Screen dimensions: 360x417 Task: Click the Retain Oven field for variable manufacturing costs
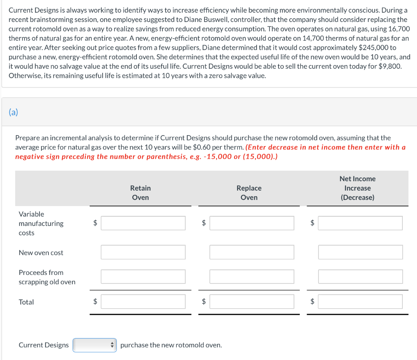(x=143, y=223)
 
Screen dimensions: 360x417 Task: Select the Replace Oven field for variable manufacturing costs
(x=252, y=223)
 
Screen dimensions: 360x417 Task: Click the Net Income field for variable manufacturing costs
(x=360, y=223)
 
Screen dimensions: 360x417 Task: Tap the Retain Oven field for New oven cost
(x=143, y=252)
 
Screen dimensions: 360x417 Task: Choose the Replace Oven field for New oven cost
(x=252, y=252)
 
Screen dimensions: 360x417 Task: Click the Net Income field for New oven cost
(x=360, y=252)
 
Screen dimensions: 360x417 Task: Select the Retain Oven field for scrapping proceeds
(x=143, y=277)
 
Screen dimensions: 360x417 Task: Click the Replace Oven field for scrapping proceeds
(x=252, y=277)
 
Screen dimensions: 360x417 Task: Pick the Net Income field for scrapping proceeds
(x=360, y=277)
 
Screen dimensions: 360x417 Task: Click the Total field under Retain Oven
(x=143, y=302)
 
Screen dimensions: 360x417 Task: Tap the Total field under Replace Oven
(x=252, y=302)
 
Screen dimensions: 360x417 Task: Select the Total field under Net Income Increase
(x=360, y=302)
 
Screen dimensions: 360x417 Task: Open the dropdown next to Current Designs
(x=94, y=345)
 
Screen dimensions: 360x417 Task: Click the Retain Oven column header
(x=140, y=193)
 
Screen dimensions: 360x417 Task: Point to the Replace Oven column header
(x=249, y=193)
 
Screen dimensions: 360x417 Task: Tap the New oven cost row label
(x=41, y=253)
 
